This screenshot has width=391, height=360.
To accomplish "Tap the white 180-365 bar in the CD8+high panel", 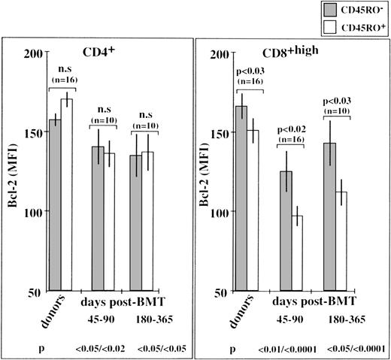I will click(x=342, y=241).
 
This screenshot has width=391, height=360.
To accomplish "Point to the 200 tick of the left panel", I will click(x=32, y=53).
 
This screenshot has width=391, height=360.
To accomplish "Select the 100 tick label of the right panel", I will click(x=218, y=212).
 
